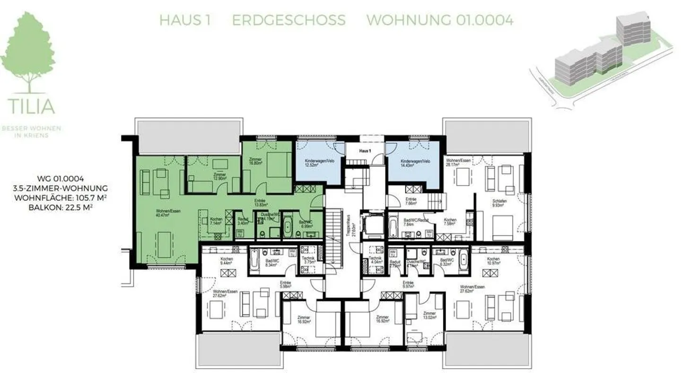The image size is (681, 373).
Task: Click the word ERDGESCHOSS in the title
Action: pos(288,20)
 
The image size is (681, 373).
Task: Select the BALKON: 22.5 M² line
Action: pos(61,206)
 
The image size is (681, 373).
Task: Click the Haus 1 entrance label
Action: pos(365,151)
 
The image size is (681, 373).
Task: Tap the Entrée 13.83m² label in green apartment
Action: pos(260,203)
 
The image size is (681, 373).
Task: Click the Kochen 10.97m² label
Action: pos(493,261)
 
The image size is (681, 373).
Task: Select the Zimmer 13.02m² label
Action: pos(429,315)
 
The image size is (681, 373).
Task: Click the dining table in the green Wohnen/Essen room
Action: pos(164,244)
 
